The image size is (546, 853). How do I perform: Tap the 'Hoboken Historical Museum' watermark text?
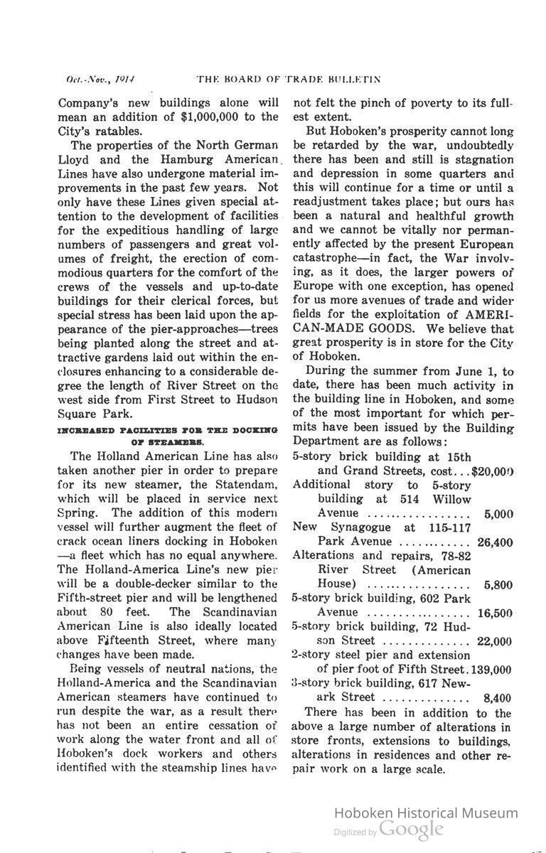[425, 812]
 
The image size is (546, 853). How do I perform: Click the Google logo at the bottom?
[411, 830]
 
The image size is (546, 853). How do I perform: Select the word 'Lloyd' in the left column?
[76, 160]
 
